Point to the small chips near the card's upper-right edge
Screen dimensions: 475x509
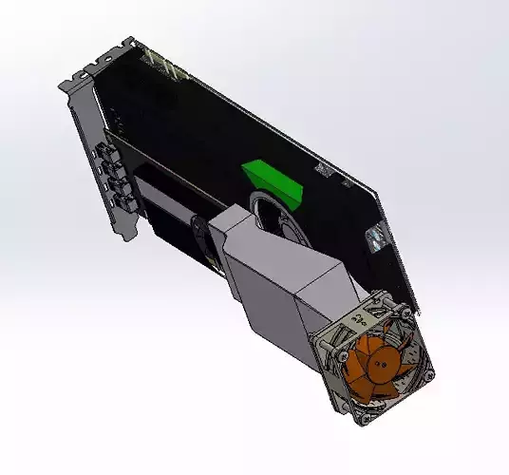click(323, 171)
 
